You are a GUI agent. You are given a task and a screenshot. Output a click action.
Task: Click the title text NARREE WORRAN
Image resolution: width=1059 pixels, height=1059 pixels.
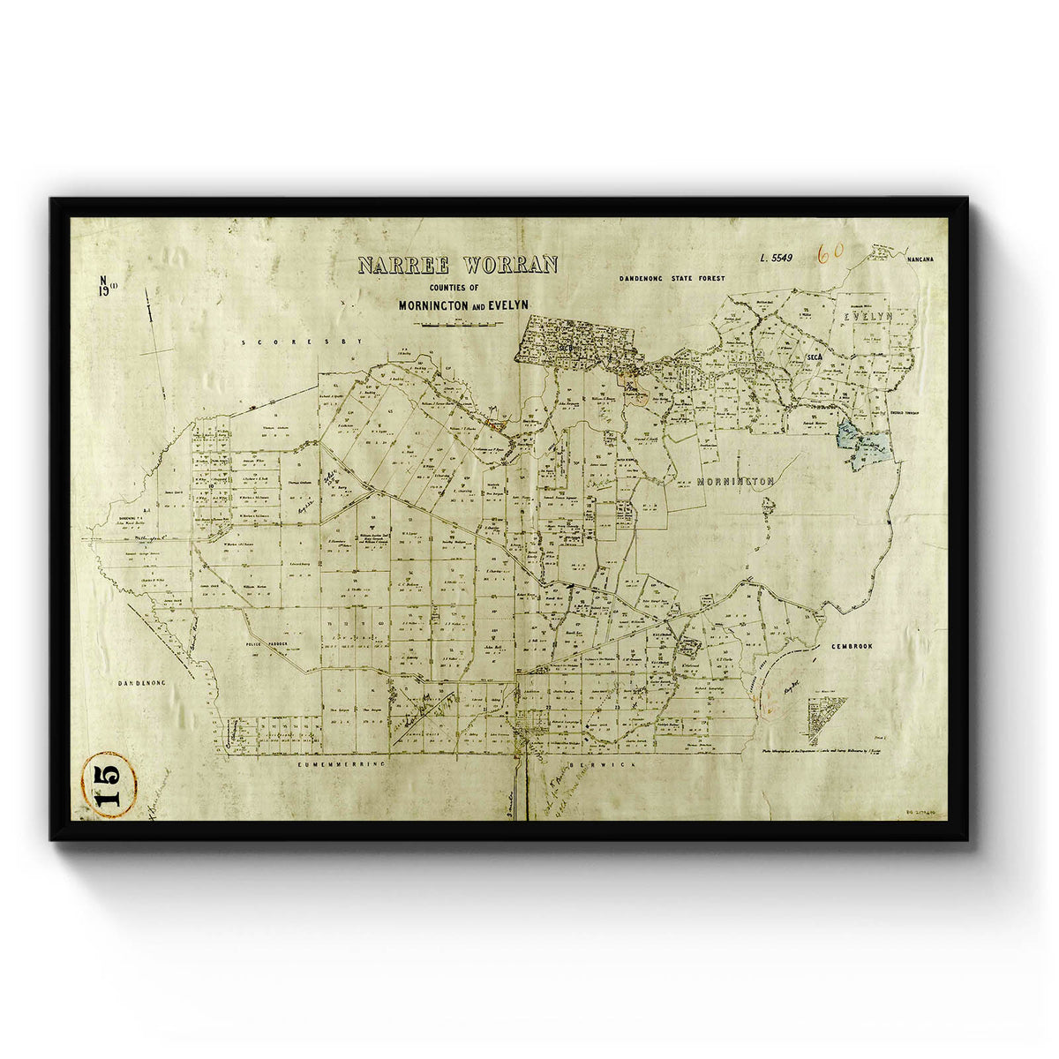point(457,266)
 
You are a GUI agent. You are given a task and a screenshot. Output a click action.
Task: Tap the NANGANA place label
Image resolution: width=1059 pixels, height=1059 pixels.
point(923,258)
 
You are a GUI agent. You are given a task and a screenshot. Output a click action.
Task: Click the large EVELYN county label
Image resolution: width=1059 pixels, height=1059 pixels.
point(868,316)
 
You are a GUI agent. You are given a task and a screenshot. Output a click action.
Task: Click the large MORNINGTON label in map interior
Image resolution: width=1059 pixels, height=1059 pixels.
point(735,482)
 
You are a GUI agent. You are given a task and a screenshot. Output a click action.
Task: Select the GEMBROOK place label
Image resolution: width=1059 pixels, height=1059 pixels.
point(851,647)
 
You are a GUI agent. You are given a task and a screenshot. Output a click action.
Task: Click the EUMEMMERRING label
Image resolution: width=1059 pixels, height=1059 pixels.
point(342,764)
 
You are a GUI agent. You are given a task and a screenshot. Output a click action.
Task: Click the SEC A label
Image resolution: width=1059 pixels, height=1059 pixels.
point(814,356)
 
